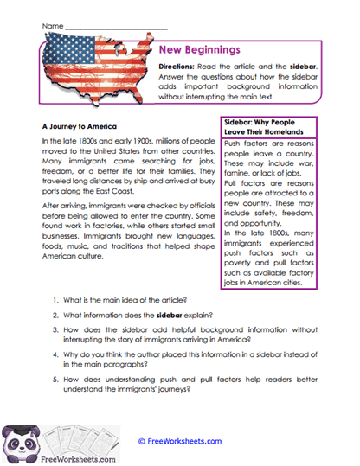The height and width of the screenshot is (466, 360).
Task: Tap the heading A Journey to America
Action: [80, 124]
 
